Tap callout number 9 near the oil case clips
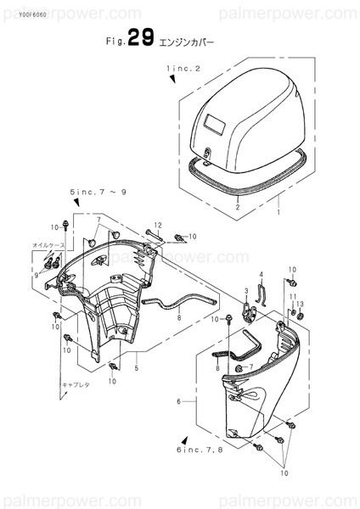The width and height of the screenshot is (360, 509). (x=37, y=274)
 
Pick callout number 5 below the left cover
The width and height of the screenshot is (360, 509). (x=135, y=368)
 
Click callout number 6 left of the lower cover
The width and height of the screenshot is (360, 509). (x=178, y=400)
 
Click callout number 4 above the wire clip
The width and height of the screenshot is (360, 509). (x=262, y=274)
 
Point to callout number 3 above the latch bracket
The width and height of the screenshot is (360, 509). (x=245, y=291)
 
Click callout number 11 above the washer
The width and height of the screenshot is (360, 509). (x=291, y=296)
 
